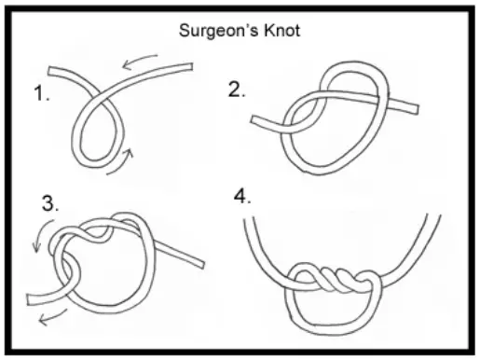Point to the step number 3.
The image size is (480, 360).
click(x=50, y=203)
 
